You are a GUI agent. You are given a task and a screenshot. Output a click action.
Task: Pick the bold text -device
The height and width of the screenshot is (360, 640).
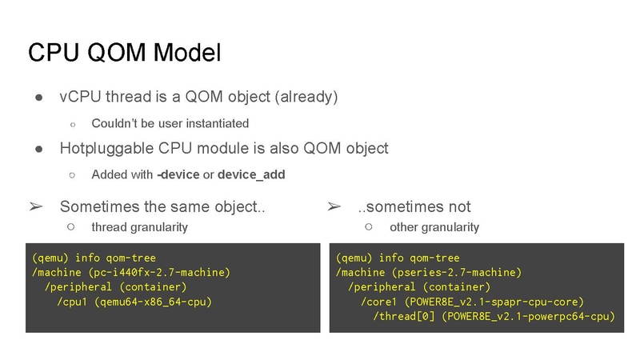tap(178, 174)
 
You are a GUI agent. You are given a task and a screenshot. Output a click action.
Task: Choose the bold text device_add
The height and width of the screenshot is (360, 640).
tap(250, 174)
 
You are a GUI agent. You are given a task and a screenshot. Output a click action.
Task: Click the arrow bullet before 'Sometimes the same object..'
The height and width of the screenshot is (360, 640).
tap(36, 206)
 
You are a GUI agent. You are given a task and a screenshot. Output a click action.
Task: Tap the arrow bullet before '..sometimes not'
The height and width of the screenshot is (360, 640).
tap(334, 206)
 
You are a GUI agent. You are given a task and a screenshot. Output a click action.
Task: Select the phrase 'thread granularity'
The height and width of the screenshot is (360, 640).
tap(139, 226)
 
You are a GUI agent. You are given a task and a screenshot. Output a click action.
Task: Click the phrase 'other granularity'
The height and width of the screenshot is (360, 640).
tap(434, 226)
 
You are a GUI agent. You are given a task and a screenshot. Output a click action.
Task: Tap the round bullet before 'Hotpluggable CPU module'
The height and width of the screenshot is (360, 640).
tap(38, 149)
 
